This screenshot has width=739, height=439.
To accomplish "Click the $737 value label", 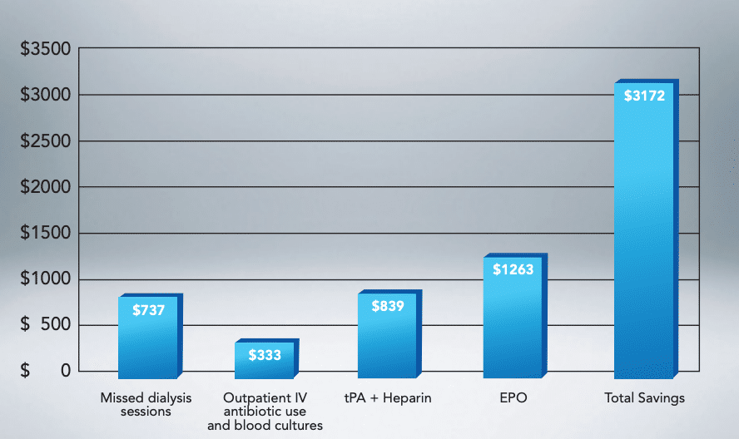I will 148,311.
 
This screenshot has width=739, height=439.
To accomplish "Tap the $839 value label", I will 387,307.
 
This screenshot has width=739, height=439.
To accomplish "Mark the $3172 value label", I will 644,96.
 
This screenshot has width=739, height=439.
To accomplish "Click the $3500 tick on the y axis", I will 45,50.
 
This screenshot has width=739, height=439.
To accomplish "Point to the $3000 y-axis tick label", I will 45,96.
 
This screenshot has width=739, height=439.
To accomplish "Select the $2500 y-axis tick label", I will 45,141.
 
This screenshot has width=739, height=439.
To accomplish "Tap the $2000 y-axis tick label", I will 45,188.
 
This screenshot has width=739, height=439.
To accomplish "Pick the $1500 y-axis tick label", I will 45,234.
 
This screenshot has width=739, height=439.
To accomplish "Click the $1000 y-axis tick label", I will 45,279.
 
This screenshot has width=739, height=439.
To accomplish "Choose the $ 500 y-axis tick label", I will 45,325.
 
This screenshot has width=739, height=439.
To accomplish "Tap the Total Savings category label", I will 644,398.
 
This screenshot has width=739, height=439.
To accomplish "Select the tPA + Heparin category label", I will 388,398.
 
